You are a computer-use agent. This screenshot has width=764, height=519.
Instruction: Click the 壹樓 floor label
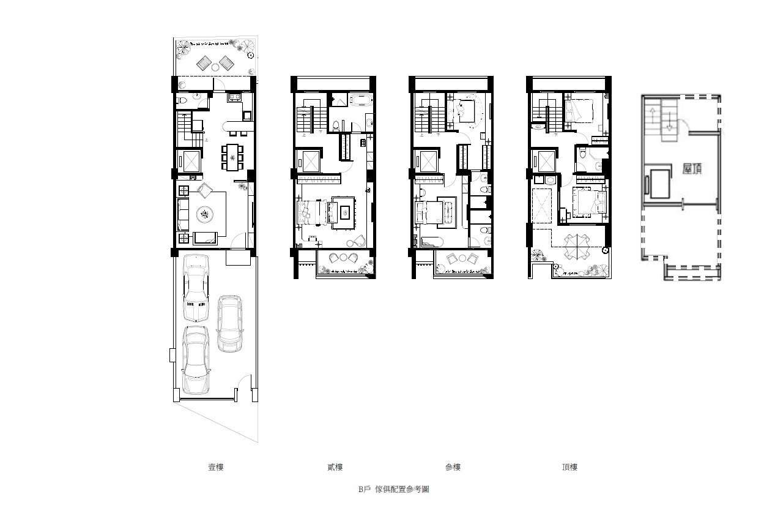point(216,467)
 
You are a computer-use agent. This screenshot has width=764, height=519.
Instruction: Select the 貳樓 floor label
point(335,467)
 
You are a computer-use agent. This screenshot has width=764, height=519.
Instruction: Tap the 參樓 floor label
point(453,467)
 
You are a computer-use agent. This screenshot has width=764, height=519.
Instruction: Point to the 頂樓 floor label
point(570,467)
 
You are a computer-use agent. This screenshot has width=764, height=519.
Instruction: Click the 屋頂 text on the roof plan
point(692,168)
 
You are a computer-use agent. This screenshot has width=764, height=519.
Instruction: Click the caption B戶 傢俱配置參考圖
point(393,489)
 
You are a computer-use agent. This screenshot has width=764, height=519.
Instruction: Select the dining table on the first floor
point(232,157)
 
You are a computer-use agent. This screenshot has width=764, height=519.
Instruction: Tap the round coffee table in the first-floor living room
point(205,215)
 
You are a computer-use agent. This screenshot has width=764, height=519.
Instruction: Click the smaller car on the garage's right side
point(230,324)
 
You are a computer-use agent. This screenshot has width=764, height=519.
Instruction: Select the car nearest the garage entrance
point(195,360)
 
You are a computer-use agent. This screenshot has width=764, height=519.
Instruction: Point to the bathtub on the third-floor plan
point(432,242)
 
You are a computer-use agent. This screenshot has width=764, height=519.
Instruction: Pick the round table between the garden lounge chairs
point(215,67)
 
